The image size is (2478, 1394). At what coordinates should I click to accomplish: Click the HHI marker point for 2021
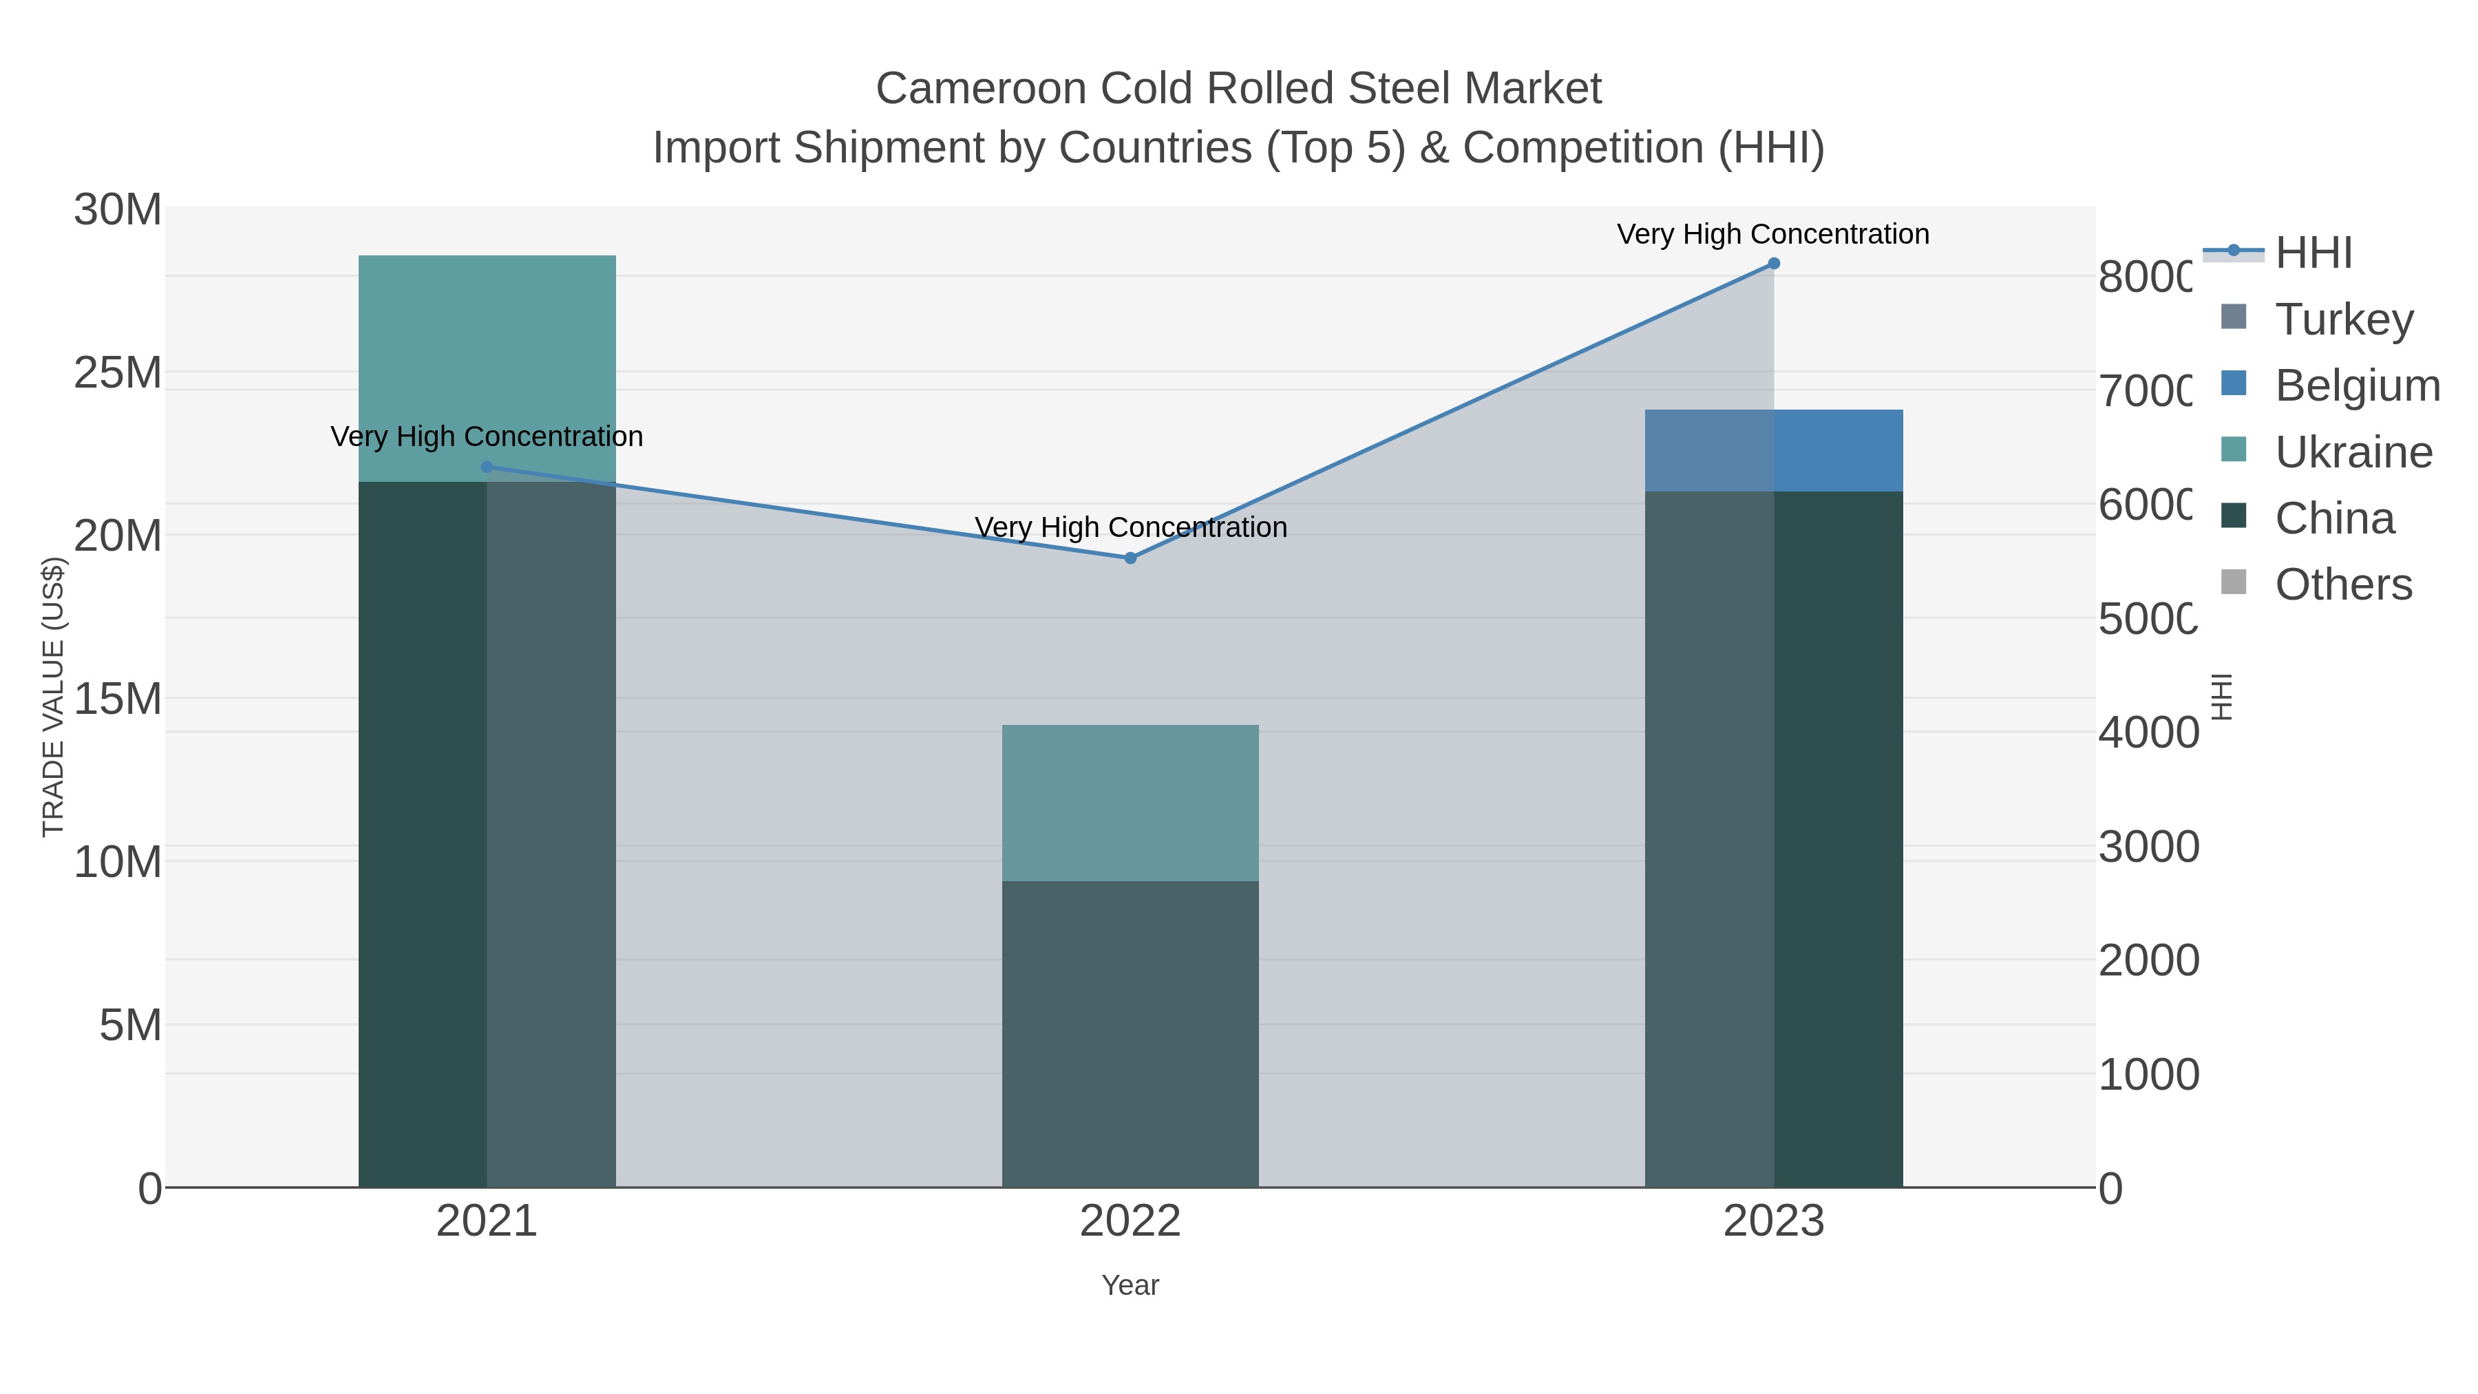487,467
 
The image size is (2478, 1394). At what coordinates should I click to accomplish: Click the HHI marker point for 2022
1130,558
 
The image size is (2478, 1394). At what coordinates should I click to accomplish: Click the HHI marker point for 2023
1774,264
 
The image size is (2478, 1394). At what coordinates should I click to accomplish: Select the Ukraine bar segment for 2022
1130,803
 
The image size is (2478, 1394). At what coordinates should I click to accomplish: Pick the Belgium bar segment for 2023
1774,450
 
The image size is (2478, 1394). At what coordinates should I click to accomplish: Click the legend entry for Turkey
2343,319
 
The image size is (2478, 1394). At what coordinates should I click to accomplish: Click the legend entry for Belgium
2356,386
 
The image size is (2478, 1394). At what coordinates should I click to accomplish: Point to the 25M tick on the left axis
117,373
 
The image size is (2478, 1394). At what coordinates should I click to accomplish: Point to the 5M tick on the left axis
130,1026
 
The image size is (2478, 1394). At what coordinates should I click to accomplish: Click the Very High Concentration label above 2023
1773,235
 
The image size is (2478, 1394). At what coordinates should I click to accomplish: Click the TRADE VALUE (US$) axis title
53,697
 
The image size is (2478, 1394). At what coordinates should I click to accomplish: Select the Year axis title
1130,1285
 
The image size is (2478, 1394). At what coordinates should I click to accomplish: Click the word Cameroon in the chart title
980,89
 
